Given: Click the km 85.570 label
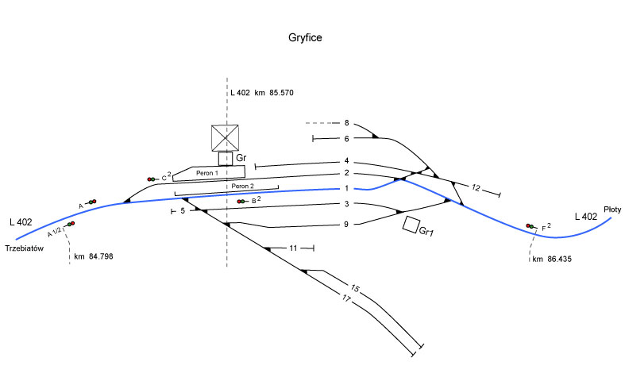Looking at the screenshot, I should coord(262,94).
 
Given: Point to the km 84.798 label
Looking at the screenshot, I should coord(94,257).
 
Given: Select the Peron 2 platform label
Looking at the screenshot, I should coord(244,187).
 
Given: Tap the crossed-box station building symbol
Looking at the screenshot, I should coord(226,138).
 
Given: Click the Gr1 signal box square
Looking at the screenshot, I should coord(411,225).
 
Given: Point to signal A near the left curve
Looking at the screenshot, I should coord(91,202).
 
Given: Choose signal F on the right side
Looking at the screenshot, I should coord(530,226).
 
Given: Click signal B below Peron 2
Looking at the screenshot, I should coord(241,202).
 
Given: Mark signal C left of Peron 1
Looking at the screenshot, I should coord(151,179).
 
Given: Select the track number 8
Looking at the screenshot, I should coord(346,123).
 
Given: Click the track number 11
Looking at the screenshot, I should coord(294,248).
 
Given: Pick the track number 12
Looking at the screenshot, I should coord(476,188).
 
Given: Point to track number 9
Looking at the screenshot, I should coord(346,225).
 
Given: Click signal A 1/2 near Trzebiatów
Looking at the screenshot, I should coord(71,224).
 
